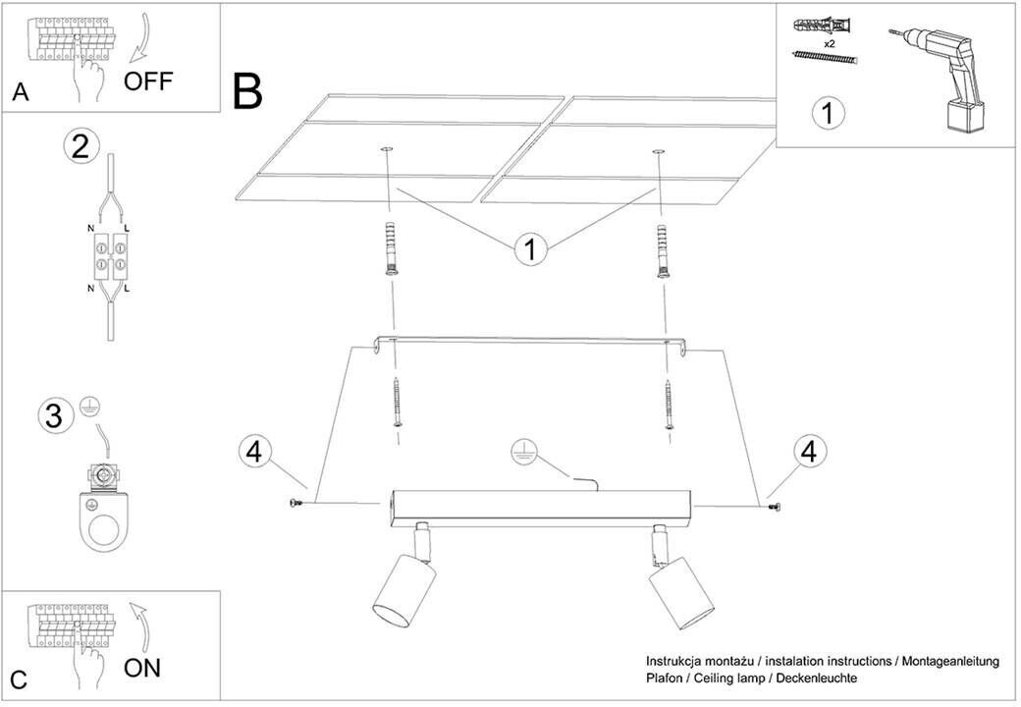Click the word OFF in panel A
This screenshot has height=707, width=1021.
[147, 81]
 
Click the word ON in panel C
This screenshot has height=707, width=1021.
[142, 669]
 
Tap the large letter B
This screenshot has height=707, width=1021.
[247, 92]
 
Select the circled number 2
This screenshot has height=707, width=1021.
[81, 145]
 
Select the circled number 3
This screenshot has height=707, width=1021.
[56, 415]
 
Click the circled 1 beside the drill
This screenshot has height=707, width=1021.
[828, 112]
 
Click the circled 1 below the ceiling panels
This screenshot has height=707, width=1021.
[531, 248]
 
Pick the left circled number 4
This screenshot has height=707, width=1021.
[254, 453]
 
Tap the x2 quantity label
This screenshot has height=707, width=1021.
[829, 44]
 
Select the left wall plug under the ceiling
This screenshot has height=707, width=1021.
[392, 250]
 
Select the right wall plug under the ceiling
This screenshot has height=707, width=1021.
[663, 251]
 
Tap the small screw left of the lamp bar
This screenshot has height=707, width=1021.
[296, 504]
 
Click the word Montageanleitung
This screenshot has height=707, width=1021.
[947, 662]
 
